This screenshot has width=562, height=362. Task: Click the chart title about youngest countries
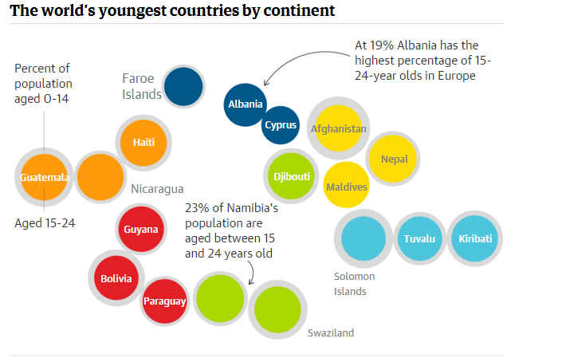(x=171, y=11)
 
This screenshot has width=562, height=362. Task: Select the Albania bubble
(x=246, y=104)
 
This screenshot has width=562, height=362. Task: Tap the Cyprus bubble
(x=281, y=125)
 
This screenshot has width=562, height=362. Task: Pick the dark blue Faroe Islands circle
(x=183, y=87)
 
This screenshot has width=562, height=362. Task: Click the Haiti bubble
(x=144, y=143)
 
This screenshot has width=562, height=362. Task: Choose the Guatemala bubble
(x=45, y=177)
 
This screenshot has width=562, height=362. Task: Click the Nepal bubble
(x=394, y=159)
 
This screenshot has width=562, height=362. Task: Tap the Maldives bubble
(x=347, y=187)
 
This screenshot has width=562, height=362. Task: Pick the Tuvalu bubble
(x=419, y=239)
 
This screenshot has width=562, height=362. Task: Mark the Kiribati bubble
(x=475, y=239)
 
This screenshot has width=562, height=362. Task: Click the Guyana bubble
(x=141, y=230)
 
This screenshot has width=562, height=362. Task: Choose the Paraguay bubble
(x=165, y=301)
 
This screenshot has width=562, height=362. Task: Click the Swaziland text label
(x=331, y=333)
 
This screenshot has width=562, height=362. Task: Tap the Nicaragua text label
(x=157, y=189)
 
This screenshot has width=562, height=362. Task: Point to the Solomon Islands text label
(x=354, y=284)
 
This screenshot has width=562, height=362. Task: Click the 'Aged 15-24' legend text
(x=45, y=223)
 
